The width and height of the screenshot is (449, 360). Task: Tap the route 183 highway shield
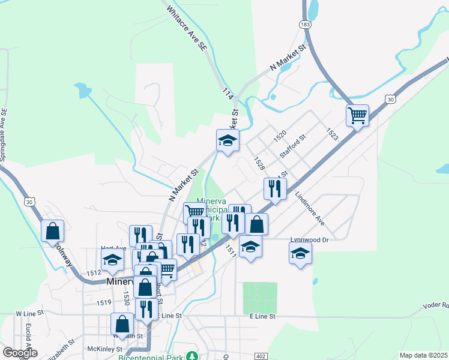(306, 24)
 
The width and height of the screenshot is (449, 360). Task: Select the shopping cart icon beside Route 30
(357, 115)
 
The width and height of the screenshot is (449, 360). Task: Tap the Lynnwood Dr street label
(310, 239)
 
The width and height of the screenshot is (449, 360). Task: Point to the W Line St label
(30, 313)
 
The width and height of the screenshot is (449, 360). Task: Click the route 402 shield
(260, 356)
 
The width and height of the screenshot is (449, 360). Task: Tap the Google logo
(20, 353)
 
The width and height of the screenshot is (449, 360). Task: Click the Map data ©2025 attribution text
(423, 355)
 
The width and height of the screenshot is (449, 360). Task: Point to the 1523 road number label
(333, 134)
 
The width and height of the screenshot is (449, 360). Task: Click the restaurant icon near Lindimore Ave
(275, 188)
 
